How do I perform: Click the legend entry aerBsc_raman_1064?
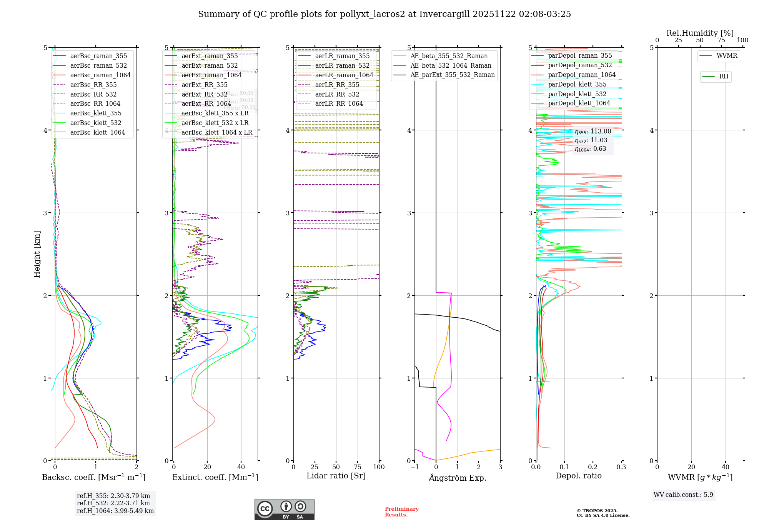[x=100, y=75]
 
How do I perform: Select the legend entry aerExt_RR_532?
[x=204, y=94]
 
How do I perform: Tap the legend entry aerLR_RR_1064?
[x=339, y=103]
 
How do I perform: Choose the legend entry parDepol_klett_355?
[x=577, y=84]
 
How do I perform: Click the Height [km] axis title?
[x=37, y=254]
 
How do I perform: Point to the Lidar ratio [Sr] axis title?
[x=336, y=476]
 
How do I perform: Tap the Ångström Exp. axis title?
[x=457, y=478]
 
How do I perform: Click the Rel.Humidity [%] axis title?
[x=700, y=33]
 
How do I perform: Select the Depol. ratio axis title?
[x=578, y=476]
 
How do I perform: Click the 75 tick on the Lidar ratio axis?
[x=358, y=467]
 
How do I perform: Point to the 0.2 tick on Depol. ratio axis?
[x=593, y=467]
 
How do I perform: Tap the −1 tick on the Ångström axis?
[x=414, y=467]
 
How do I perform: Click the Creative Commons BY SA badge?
[x=284, y=509]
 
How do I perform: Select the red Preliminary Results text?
[x=401, y=511]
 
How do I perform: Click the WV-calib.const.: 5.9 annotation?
[x=683, y=495]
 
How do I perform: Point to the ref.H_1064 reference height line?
[x=115, y=511]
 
